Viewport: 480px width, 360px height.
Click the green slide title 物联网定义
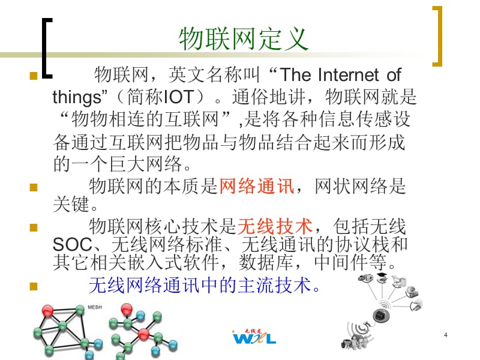tap(244, 38)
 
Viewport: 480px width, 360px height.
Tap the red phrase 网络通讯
tap(257, 186)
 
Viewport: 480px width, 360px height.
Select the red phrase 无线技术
tap(275, 226)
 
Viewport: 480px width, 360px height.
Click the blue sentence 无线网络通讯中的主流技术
tap(204, 286)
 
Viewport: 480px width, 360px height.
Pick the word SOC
tap(73, 245)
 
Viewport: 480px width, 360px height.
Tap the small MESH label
tap(95, 307)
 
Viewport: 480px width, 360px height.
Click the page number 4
tap(446, 335)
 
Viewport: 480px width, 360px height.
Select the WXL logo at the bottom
tap(254, 337)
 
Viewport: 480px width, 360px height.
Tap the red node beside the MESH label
tap(48, 311)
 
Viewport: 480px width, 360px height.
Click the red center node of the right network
tap(143, 334)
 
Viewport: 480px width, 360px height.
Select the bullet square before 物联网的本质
tap(34, 187)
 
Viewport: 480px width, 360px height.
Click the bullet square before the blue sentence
tap(34, 286)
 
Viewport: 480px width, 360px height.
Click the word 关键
tap(71, 204)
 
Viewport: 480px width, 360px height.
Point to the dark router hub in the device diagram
tap(381, 316)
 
